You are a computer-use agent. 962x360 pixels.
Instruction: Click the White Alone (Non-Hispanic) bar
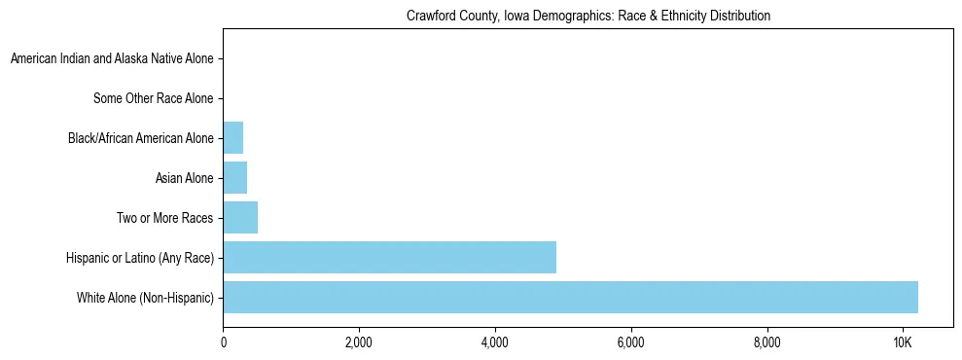click(x=570, y=297)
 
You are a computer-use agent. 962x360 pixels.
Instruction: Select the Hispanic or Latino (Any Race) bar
click(x=389, y=257)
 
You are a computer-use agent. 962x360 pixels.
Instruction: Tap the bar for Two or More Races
click(x=240, y=217)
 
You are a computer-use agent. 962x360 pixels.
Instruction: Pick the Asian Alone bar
click(x=234, y=177)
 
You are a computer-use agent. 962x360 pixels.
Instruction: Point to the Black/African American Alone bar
click(x=232, y=137)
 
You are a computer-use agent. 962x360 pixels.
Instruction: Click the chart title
click(x=588, y=17)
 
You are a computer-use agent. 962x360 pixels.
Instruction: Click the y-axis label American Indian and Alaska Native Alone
click(x=112, y=58)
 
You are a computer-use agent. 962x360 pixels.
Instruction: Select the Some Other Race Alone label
click(x=153, y=98)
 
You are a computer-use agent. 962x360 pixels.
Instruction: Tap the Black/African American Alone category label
click(x=141, y=138)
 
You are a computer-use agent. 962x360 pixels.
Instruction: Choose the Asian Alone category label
click(x=184, y=178)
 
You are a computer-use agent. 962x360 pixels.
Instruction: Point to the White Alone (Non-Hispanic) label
click(x=145, y=298)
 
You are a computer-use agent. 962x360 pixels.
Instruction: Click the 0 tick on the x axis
click(x=224, y=342)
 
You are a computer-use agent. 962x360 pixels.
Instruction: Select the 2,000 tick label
click(x=359, y=342)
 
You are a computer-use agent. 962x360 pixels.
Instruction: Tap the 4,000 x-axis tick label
click(x=495, y=342)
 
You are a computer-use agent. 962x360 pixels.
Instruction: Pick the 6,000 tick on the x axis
click(x=631, y=342)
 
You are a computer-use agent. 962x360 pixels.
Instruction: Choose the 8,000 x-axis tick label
click(x=766, y=342)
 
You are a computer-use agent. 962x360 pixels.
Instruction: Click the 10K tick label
click(x=903, y=342)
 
